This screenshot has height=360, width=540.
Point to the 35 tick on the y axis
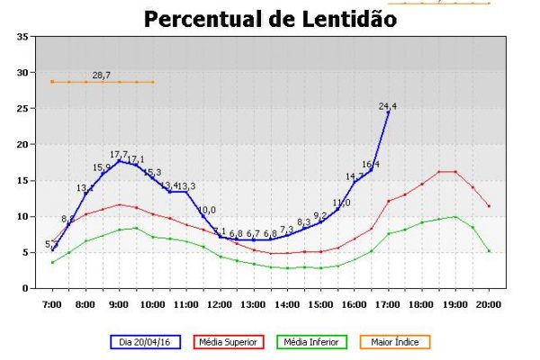[22, 36]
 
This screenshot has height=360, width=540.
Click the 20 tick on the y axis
[22, 144]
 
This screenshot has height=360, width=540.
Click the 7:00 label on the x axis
[52, 304]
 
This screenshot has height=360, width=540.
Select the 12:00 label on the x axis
[220, 304]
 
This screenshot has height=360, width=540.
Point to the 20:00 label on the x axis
[489, 304]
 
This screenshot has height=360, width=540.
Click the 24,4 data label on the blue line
[388, 106]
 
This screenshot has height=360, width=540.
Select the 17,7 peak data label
[119, 155]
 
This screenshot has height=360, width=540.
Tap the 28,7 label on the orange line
[102, 76]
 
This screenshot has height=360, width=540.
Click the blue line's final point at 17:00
[389, 112]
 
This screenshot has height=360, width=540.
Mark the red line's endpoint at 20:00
[489, 206]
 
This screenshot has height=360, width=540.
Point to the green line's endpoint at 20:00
[489, 250]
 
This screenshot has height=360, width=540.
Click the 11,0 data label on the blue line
[341, 203]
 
